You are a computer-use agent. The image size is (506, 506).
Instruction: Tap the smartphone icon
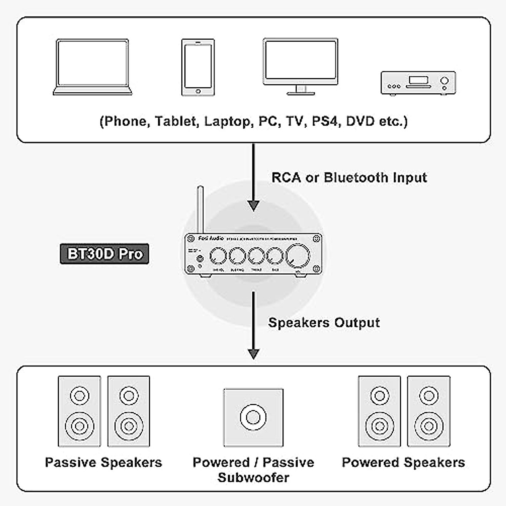click(x=198, y=67)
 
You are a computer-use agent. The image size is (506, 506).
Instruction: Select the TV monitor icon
click(x=300, y=65)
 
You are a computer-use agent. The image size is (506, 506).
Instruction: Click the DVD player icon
click(x=418, y=83)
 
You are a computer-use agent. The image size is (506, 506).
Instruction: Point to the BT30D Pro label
click(x=105, y=254)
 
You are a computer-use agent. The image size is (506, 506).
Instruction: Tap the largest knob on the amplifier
click(x=298, y=256)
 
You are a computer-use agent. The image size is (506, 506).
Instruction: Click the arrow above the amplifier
click(x=253, y=177)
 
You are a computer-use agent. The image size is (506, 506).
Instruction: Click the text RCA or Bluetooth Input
click(x=349, y=178)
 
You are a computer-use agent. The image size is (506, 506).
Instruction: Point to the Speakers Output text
click(x=324, y=323)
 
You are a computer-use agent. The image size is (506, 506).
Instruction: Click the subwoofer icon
click(x=253, y=417)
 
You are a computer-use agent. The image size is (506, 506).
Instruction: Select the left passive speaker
click(x=79, y=411)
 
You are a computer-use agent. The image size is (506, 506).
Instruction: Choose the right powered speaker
click(x=428, y=411)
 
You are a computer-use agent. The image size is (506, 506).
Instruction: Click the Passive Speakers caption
click(x=103, y=463)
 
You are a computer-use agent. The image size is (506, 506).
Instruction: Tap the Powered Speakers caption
click(x=403, y=463)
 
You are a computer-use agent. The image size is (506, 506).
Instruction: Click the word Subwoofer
click(x=253, y=478)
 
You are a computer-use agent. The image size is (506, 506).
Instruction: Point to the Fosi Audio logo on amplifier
click(x=211, y=239)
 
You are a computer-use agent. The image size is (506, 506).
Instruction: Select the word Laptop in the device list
click(x=227, y=121)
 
